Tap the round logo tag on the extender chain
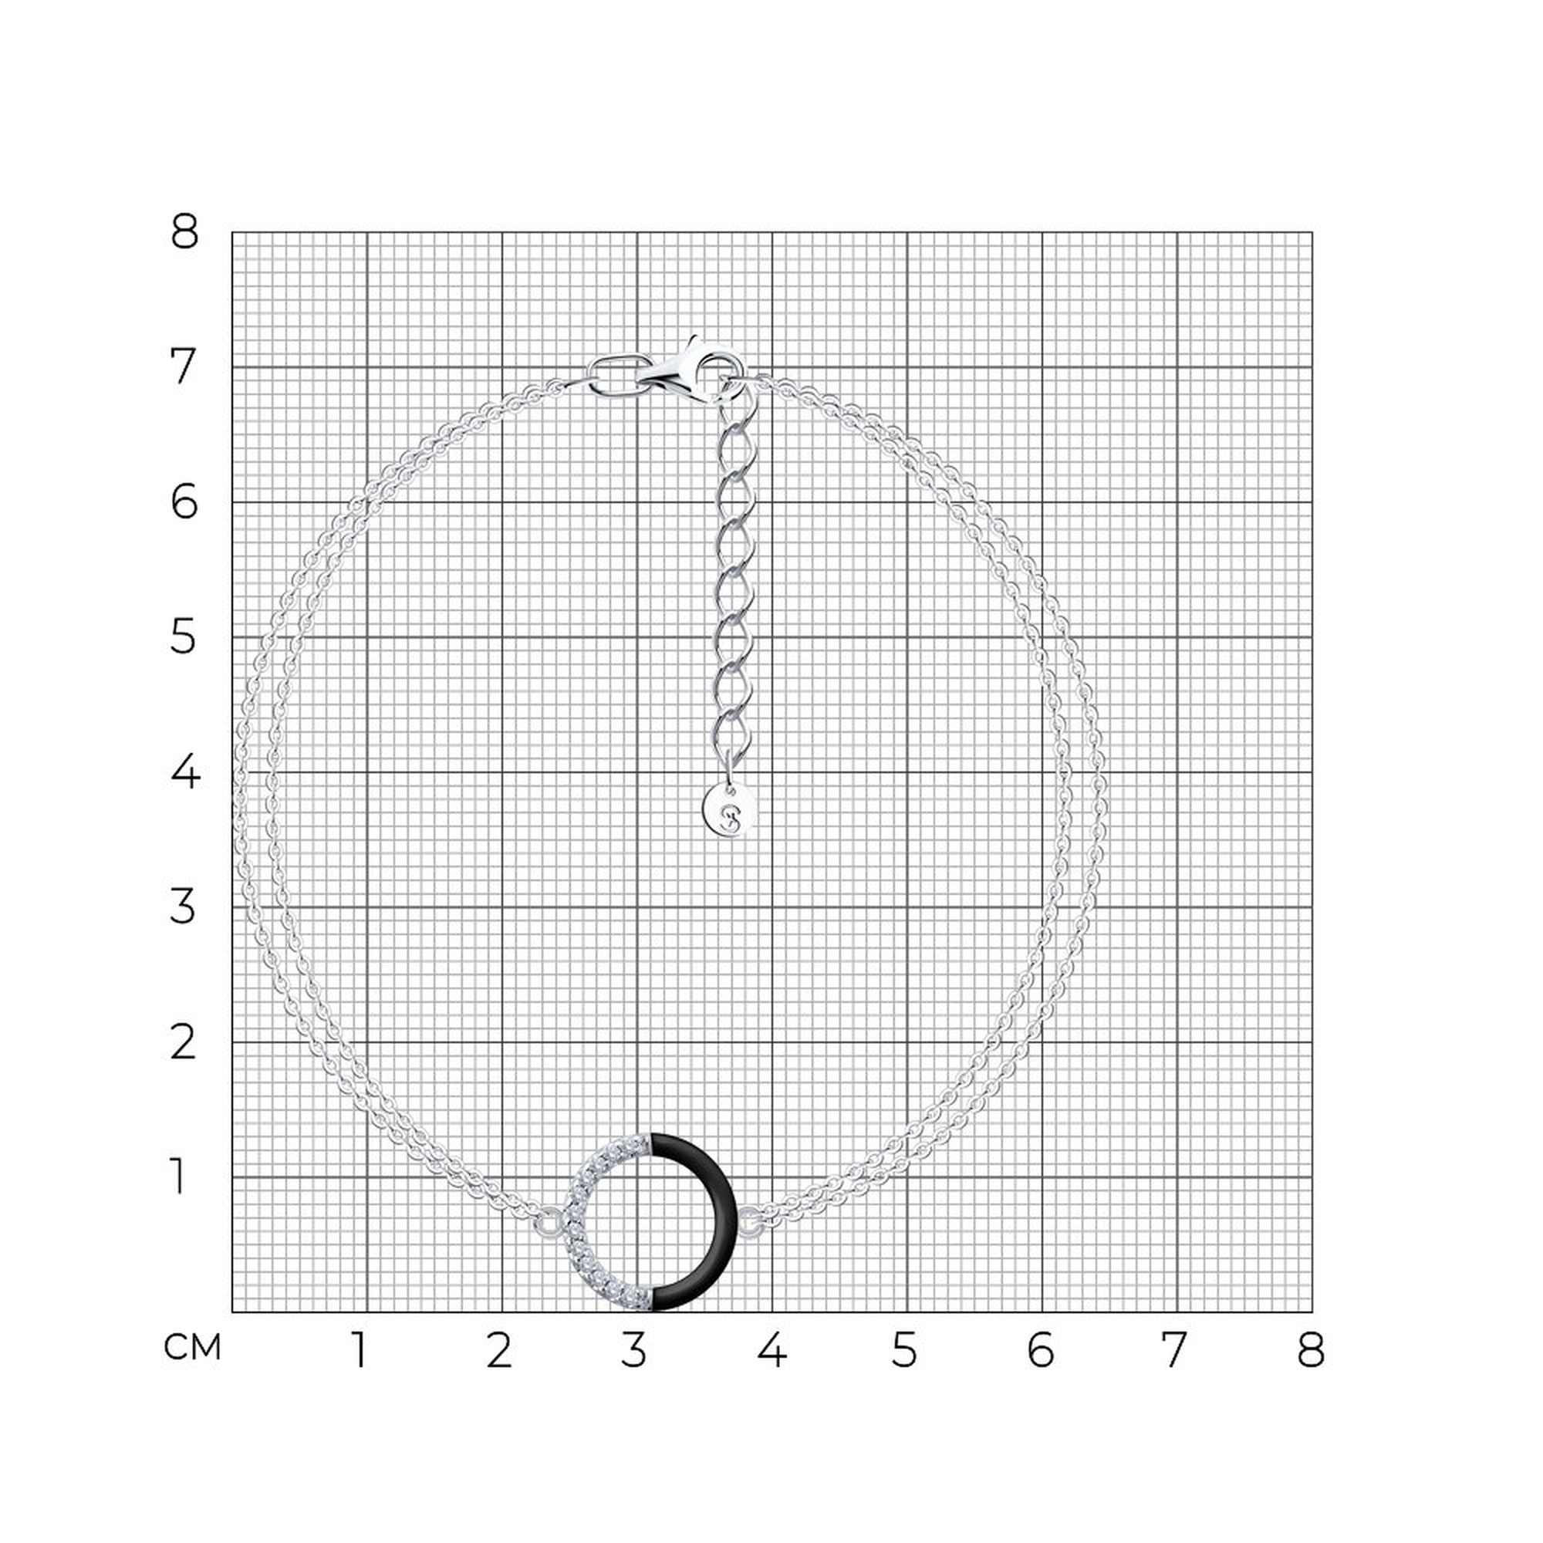point(729,810)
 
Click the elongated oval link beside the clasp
point(616,375)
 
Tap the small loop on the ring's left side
point(549,1223)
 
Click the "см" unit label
point(192,1348)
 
